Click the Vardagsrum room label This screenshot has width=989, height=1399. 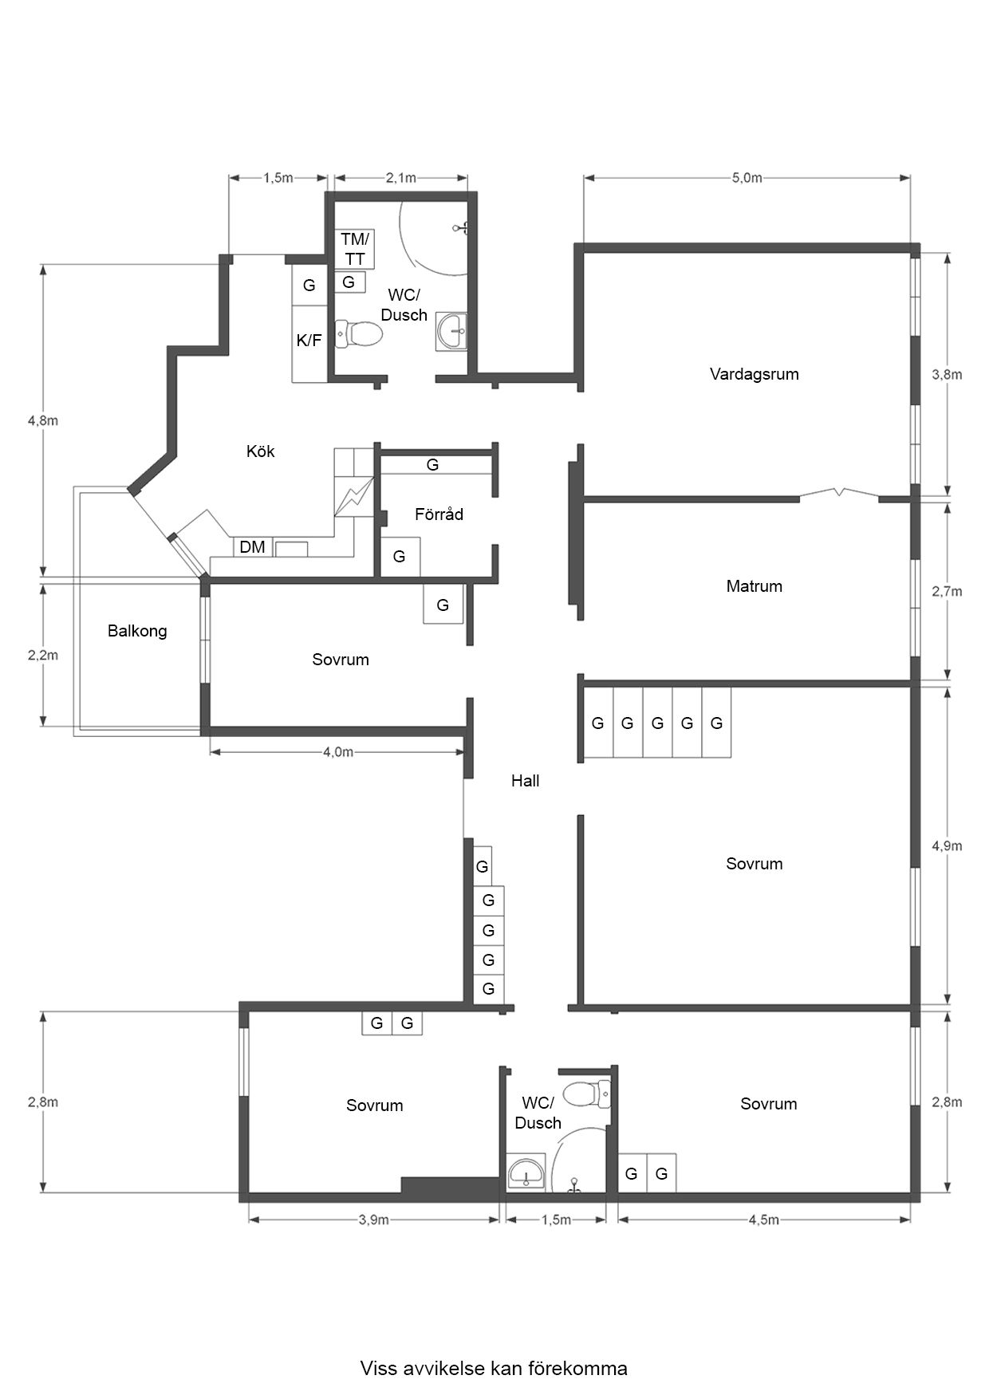[754, 374]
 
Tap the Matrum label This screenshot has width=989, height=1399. [754, 586]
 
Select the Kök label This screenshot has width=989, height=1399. [260, 451]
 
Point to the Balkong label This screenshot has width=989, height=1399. [137, 631]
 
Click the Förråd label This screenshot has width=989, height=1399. [439, 514]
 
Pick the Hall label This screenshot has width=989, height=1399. [525, 781]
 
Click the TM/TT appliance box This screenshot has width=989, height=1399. [355, 249]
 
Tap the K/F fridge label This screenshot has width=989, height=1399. [309, 341]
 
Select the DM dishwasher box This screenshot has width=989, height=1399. [252, 547]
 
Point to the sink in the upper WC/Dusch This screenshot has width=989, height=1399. [454, 331]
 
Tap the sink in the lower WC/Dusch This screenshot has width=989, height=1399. [526, 1172]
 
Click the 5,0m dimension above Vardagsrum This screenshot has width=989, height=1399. [747, 178]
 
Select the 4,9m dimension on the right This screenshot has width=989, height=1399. [947, 845]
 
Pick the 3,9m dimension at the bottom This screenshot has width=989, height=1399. [373, 1220]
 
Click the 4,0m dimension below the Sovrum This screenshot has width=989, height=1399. [338, 751]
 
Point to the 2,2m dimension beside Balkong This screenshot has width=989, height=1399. [43, 655]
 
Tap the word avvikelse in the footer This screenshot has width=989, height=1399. [442, 1369]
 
